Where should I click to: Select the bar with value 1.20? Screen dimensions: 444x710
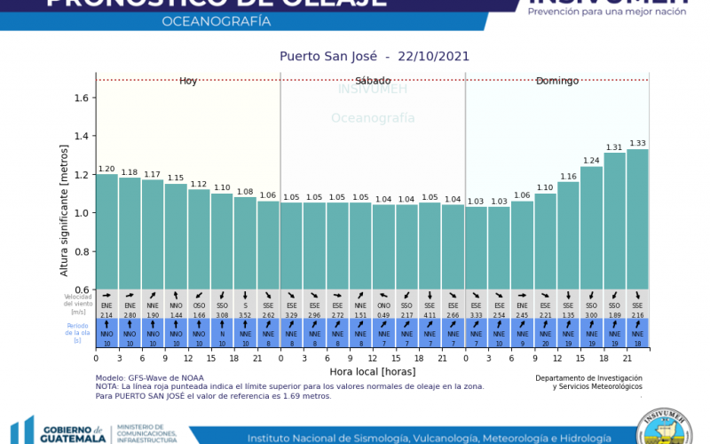[x=106, y=231]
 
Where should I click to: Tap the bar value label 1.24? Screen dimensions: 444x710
[x=591, y=161]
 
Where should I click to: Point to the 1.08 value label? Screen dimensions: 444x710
[x=245, y=192]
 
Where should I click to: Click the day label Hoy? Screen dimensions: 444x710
[x=188, y=81]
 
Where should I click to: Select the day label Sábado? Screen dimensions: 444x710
[x=373, y=81]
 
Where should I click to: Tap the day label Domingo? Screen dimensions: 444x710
[x=556, y=81]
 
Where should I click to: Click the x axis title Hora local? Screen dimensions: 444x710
[x=372, y=371]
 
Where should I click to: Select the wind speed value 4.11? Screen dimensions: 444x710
[x=430, y=315]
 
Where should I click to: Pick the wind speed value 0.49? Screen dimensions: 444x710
[x=383, y=315]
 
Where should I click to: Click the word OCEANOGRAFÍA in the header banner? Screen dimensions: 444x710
[x=218, y=20]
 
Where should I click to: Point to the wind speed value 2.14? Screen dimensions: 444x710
[x=106, y=315]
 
